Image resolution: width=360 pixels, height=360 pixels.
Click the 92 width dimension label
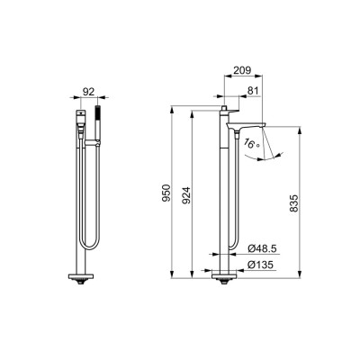(x=88, y=92)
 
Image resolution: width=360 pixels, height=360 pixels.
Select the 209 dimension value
(x=242, y=70)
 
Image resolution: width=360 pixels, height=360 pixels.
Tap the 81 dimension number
(x=253, y=90)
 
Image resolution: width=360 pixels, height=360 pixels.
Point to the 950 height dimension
(x=166, y=193)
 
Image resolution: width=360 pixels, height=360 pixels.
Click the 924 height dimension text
(x=186, y=195)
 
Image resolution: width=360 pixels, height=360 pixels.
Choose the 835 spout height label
(x=294, y=203)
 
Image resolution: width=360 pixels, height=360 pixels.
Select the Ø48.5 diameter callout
(x=262, y=248)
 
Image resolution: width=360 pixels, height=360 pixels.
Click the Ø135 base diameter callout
(x=260, y=265)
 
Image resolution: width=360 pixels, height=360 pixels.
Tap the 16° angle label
(x=251, y=143)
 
